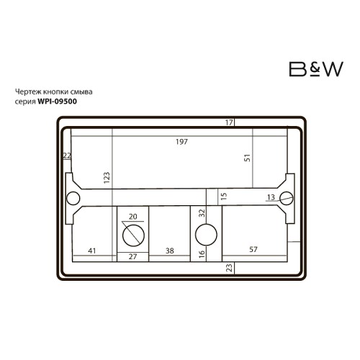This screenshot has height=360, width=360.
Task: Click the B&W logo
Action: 316,69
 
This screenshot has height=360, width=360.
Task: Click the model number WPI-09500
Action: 58,102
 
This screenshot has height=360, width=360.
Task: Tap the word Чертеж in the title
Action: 28,91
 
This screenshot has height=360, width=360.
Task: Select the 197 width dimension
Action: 181,142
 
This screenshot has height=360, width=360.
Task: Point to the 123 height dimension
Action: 107,178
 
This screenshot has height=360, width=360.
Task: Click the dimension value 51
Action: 247,158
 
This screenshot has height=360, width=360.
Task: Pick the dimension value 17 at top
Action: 229,122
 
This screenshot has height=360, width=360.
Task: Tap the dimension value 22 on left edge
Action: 67,156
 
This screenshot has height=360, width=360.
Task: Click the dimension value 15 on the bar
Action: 224,196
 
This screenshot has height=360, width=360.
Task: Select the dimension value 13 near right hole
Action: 271,197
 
